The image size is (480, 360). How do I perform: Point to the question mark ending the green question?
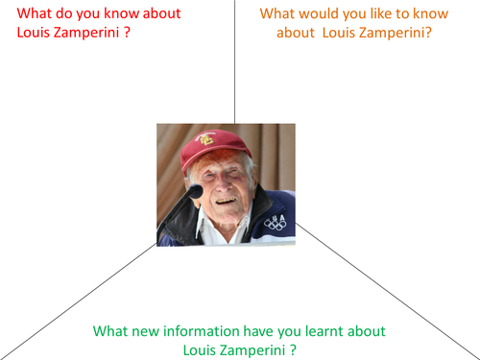[x=292, y=349]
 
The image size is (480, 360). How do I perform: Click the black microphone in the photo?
[x=194, y=192]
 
